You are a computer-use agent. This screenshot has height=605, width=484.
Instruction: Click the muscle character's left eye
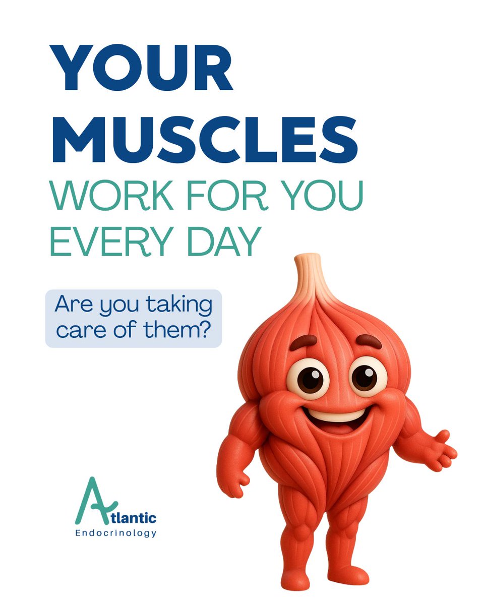point(308,379)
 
